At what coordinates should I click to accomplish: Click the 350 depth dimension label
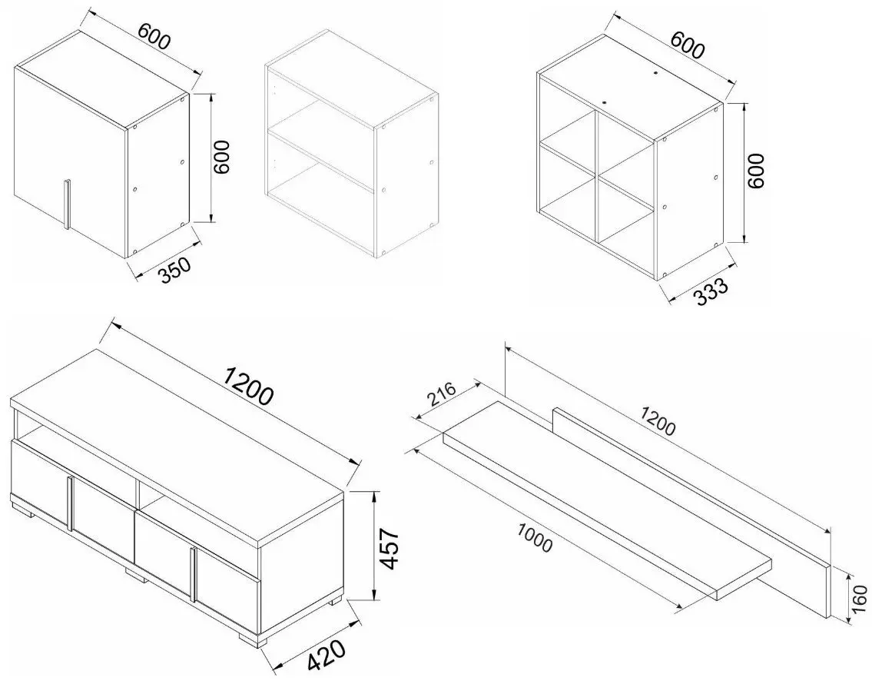click(175, 270)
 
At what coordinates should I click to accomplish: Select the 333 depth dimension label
click(711, 292)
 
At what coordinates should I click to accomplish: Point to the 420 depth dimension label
click(327, 657)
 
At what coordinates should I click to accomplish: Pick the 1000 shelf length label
click(535, 538)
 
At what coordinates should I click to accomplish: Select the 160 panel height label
click(860, 599)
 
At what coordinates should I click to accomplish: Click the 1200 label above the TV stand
click(248, 386)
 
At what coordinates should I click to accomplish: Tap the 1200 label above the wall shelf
click(658, 421)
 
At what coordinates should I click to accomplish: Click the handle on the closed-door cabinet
click(67, 204)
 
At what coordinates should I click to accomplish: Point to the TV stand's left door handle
click(70, 504)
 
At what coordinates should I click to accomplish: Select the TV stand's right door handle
click(192, 574)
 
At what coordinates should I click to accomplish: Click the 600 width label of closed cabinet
click(153, 37)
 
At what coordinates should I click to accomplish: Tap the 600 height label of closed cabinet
click(222, 158)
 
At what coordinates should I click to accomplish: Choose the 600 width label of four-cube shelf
click(688, 45)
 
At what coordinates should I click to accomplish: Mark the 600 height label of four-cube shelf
click(756, 171)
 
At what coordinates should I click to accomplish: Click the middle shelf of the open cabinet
click(321, 160)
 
